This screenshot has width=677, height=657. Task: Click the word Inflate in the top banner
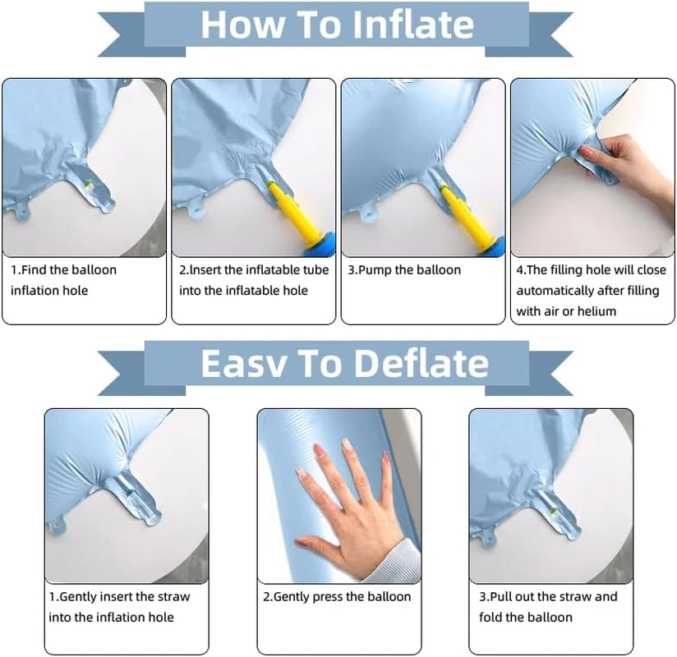click(x=413, y=24)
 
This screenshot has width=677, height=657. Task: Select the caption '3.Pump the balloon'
click(x=404, y=270)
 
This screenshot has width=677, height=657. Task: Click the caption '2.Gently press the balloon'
click(x=337, y=596)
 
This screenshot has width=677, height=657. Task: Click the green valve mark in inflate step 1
click(x=89, y=186)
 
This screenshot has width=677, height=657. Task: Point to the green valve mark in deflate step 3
click(x=553, y=512)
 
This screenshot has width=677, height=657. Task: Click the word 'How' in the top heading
click(x=241, y=24)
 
